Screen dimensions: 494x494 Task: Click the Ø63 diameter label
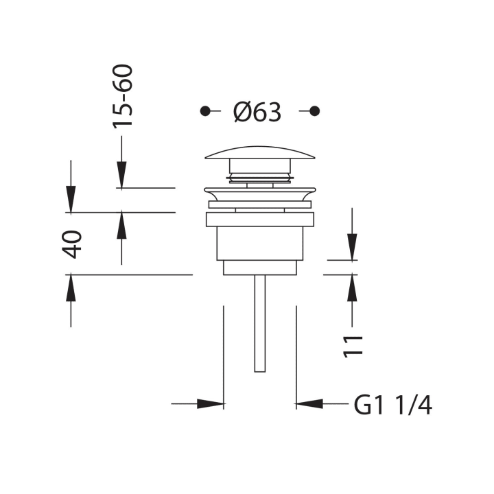tap(257, 112)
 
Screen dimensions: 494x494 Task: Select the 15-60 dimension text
tap(123, 97)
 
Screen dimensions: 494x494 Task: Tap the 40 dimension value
tap(72, 244)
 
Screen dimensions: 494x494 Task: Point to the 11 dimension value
tap(353, 346)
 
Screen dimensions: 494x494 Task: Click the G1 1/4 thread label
tap(393, 405)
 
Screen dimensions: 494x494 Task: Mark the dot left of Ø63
tap(205, 111)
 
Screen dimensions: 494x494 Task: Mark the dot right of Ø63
tap(315, 111)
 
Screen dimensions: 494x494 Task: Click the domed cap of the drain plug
tap(260, 152)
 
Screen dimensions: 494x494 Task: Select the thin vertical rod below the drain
tap(260, 323)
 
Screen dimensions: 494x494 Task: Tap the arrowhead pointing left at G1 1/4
tap(309, 403)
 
